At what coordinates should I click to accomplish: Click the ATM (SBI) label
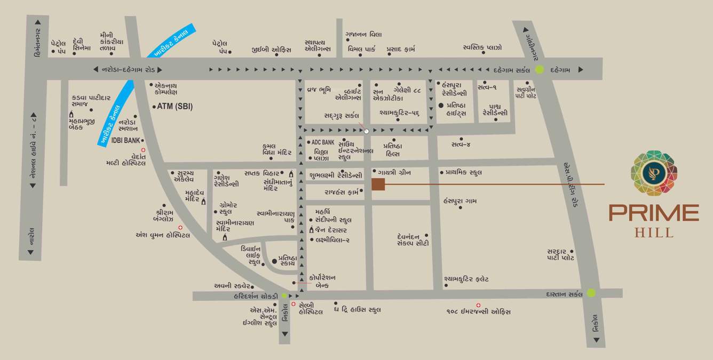tap(175, 107)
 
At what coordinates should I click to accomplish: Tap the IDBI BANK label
tap(125, 140)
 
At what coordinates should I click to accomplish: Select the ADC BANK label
tap(322, 142)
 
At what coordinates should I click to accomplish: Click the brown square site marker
tap(378, 185)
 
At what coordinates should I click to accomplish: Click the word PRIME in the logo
tap(654, 213)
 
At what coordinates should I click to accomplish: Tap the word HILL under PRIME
tap(654, 233)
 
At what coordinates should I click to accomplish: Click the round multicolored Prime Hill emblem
tap(654, 173)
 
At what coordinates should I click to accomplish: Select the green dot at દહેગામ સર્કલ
tap(540, 69)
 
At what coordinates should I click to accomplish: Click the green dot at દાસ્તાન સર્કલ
tap(591, 292)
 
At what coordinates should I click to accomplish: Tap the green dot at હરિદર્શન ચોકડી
tap(284, 295)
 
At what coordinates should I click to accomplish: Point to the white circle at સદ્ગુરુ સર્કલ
tap(366, 130)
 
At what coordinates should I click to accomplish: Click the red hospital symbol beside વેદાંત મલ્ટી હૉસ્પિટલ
tap(142, 151)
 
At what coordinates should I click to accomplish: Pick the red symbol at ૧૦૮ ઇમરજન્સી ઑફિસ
tap(478, 305)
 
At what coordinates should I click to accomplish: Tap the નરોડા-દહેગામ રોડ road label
tap(128, 69)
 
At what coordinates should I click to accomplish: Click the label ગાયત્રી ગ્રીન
tap(394, 172)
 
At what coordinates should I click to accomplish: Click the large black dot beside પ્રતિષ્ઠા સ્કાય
tap(274, 261)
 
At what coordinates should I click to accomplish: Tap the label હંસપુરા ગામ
tap(460, 201)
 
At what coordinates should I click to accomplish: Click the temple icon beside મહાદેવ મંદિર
tap(203, 201)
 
